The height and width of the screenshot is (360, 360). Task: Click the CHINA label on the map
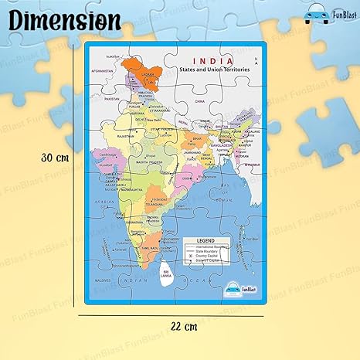click(200, 100)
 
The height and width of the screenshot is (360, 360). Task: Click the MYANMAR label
click(243, 165)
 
